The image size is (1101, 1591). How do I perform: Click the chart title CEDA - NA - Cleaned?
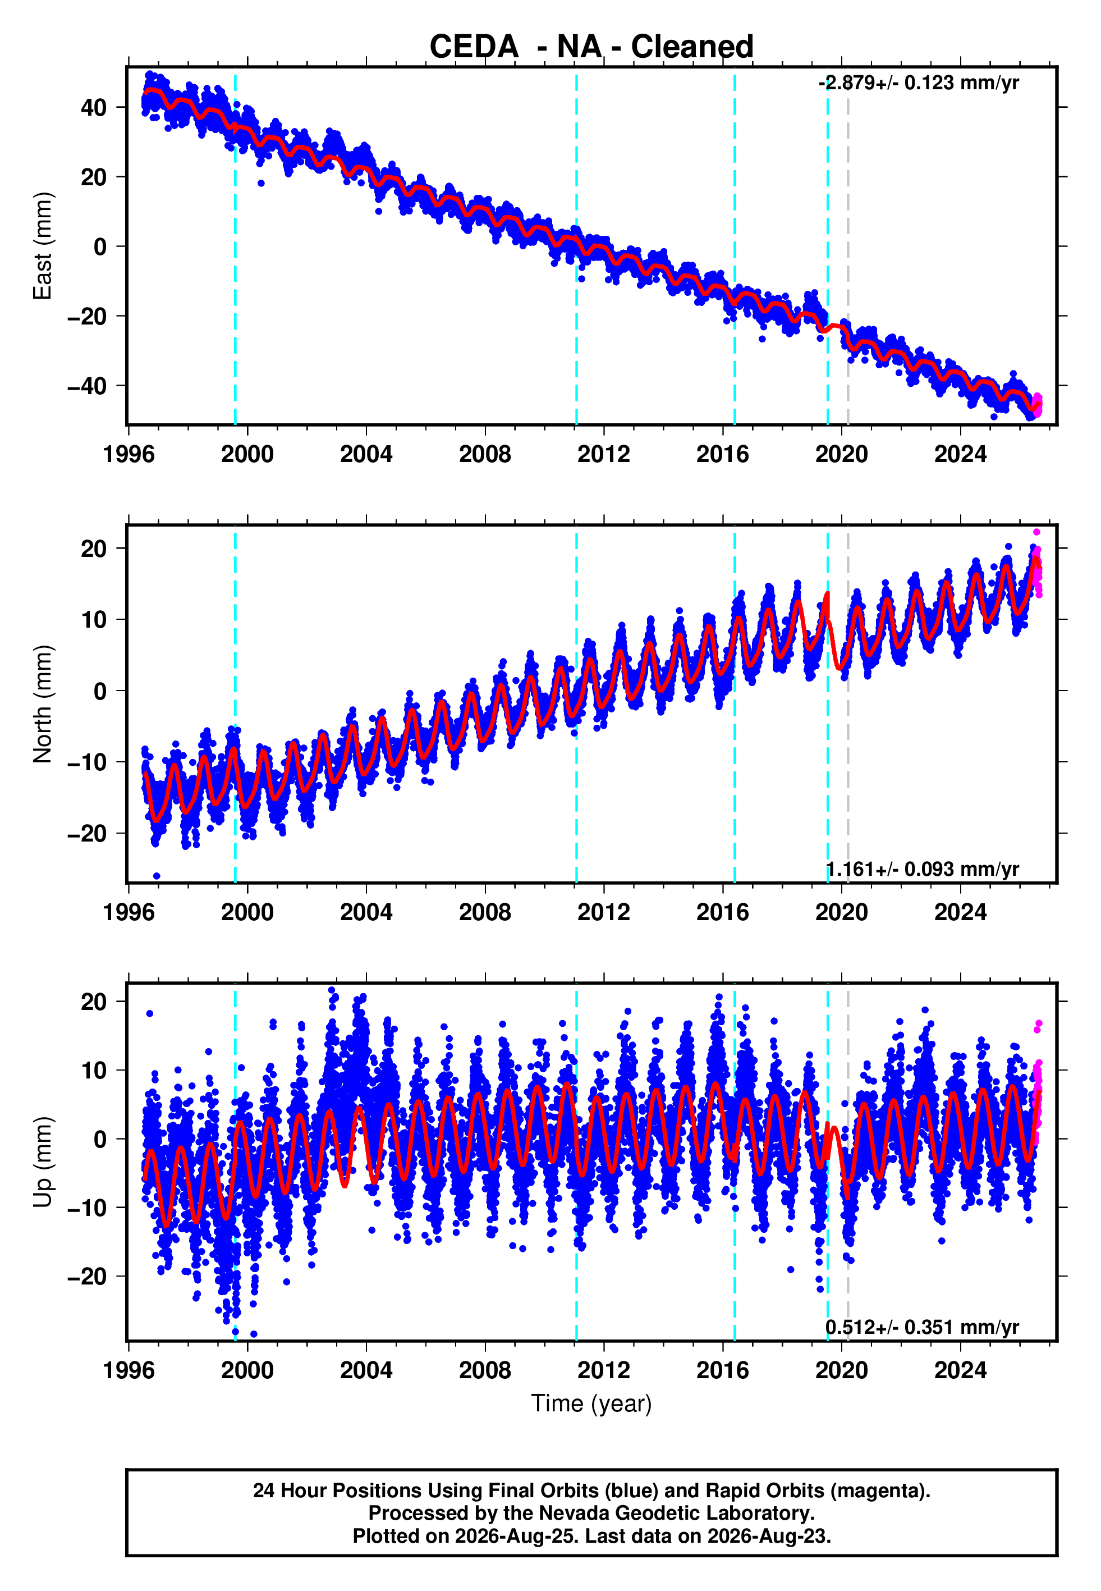tap(591, 47)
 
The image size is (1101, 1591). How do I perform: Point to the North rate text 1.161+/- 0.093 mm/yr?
tap(923, 869)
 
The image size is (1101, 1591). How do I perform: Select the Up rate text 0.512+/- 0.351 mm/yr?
tap(923, 1327)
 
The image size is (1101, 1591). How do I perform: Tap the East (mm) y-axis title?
tap(43, 246)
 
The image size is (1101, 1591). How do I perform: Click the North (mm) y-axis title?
tap(43, 704)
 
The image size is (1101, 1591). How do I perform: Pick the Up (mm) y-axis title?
tap(43, 1162)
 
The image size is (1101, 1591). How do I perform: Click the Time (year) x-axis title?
tap(591, 1404)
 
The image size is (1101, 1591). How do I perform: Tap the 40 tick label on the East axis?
tap(94, 108)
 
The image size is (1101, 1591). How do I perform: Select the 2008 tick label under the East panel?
tap(485, 454)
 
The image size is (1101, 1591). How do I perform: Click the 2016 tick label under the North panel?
tap(722, 912)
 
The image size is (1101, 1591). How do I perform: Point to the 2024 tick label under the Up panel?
tap(960, 1370)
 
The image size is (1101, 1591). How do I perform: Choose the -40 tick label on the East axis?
tap(88, 386)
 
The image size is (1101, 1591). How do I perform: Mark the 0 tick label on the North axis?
tap(100, 691)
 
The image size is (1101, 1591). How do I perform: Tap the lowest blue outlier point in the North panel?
tap(157, 876)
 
